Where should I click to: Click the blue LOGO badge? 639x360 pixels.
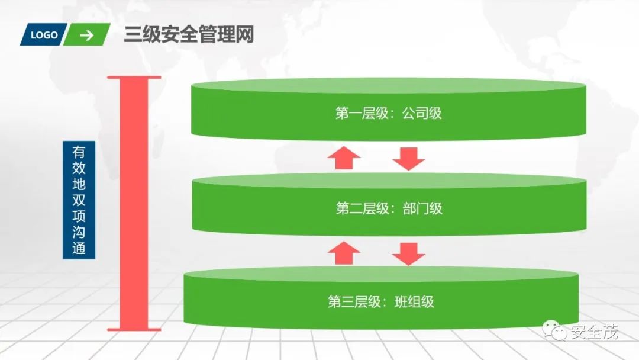44,35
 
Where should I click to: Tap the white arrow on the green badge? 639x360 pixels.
87,35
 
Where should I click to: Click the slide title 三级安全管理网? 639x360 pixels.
189,35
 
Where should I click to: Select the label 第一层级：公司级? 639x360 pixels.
389,113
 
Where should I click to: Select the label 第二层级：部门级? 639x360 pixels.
389,208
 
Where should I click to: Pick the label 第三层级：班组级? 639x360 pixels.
381,302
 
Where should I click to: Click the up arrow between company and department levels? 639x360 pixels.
344,158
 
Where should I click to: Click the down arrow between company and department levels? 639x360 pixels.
409,158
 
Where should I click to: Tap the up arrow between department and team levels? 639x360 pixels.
344,253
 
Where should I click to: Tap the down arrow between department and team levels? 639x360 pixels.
409,253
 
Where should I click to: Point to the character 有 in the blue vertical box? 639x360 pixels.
79,152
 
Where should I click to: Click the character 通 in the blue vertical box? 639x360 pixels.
79,248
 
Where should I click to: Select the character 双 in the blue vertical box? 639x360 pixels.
79,200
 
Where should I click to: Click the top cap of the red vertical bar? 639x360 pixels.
133,78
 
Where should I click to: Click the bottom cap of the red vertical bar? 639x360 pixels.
133,329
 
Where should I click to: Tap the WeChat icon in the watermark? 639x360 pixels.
557,332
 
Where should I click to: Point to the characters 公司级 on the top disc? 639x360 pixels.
422,113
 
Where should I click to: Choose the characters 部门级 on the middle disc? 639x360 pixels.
422,208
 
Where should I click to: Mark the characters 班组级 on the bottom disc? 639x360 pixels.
414,302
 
